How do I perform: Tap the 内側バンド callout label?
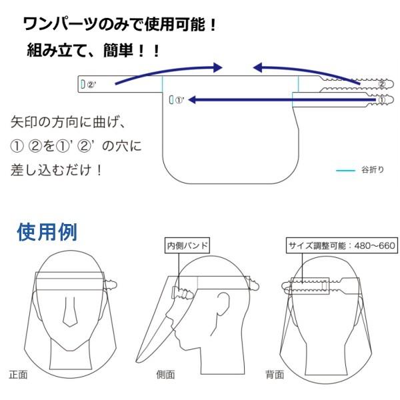point(187,245)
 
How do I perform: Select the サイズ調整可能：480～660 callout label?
point(342,245)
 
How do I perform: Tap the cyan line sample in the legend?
point(345,171)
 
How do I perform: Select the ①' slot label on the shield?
point(179,101)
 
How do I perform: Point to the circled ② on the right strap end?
point(381,85)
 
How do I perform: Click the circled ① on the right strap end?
point(381,101)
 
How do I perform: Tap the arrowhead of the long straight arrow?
point(191,100)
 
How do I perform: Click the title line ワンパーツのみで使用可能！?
point(120,26)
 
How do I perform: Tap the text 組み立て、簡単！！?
point(94,50)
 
